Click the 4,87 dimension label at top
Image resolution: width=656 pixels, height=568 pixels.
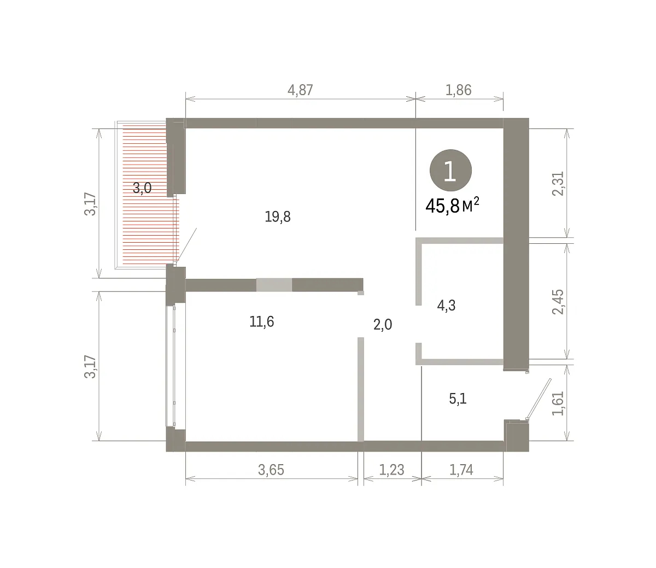[300, 90]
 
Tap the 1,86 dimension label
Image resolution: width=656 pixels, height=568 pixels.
[458, 90]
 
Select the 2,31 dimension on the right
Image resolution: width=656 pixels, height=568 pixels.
[558, 184]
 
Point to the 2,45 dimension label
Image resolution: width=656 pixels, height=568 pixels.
[558, 302]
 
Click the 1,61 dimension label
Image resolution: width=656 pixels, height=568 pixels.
[558, 403]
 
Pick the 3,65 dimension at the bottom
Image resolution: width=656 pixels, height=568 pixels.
[271, 470]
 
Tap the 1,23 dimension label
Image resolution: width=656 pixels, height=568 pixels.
[391, 470]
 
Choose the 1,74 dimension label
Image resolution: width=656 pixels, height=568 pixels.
[461, 470]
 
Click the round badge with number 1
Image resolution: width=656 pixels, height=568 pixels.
[450, 171]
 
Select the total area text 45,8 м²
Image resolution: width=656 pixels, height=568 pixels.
[452, 206]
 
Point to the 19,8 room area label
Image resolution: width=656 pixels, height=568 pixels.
[278, 216]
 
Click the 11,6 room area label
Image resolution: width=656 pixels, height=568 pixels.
[261, 322]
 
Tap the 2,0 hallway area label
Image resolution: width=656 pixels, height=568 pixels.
[383, 325]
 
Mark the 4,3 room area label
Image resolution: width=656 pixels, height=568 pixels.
[446, 306]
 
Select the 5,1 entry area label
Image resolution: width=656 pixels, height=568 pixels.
[458, 399]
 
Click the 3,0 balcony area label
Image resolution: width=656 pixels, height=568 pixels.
[142, 188]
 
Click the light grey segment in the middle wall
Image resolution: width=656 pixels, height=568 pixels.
[274, 285]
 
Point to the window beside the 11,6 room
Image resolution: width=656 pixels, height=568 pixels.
[171, 366]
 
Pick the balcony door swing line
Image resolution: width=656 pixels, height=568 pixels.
[186, 245]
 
